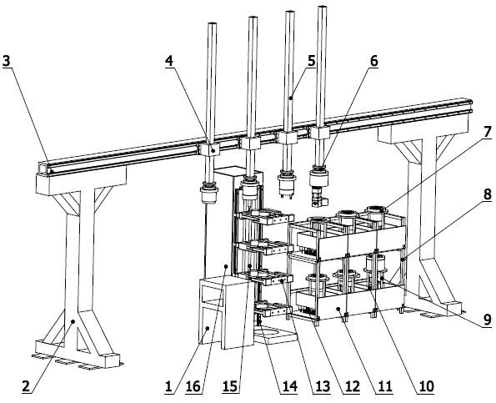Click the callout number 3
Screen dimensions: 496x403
[x=6, y=62]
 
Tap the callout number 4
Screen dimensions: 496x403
[x=169, y=62]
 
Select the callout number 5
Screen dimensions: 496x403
[x=312, y=61]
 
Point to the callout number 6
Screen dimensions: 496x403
[x=374, y=61]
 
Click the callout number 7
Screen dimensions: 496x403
[x=488, y=132]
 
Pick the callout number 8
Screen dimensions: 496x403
[x=488, y=194]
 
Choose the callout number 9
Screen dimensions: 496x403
[x=488, y=320]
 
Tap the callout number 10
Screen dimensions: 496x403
[x=426, y=386]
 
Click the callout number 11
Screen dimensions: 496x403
[x=385, y=386]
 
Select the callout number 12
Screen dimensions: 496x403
[x=353, y=386]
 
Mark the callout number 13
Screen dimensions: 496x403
[x=323, y=386]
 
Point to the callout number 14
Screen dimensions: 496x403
[x=290, y=386]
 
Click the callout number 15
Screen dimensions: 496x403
[x=230, y=386]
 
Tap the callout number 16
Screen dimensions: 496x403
[x=193, y=386]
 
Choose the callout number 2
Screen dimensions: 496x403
[x=26, y=386]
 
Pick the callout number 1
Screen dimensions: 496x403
[x=169, y=386]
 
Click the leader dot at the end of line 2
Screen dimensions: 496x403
[x=73, y=321]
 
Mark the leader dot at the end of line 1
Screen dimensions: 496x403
[x=208, y=329]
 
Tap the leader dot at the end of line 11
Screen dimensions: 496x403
[x=338, y=308]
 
